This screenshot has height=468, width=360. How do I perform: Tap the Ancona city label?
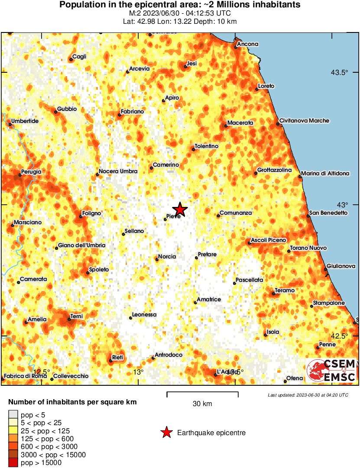coord(248,44)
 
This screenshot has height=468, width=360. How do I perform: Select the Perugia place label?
coord(32,172)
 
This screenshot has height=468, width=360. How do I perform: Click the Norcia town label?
coord(167,257)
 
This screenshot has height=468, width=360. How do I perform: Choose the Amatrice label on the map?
coord(209,300)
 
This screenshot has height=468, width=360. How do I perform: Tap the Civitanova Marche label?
coord(304,121)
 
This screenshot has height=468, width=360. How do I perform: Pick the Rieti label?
coord(117,357)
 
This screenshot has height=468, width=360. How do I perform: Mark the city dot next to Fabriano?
coord(119,115)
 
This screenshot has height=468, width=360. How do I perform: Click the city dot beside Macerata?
coord(226,126)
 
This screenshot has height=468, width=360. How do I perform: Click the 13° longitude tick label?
coord(138,372)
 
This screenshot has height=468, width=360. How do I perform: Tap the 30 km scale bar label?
coord(202,404)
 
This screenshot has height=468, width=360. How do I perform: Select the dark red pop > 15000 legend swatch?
coord(13,463)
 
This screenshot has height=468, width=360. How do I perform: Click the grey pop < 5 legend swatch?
coord(13,415)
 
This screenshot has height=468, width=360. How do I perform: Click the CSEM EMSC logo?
coord(331,371)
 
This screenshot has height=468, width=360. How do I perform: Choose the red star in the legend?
coord(166,432)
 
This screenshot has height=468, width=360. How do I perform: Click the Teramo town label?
coord(284,290)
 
